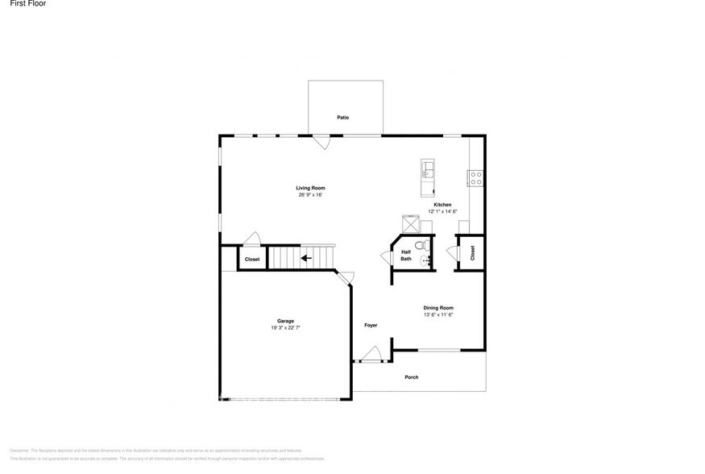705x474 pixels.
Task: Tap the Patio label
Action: pos(343,118)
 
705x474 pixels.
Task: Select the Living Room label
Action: pos(310,188)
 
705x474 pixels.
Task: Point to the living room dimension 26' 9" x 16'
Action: pos(310,194)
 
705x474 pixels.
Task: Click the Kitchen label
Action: pos(442,205)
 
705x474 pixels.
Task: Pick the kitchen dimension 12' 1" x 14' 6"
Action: pos(442,211)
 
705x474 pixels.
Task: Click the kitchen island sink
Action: pos(427,169)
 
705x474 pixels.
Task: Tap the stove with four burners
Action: pos(475,176)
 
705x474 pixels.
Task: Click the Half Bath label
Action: pos(406,256)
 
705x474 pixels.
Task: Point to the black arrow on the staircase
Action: pos(305,259)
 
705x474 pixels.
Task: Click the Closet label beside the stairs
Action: pos(252,260)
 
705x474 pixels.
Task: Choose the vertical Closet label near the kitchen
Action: pos(472,252)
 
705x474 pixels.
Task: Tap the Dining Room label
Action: pos(439,308)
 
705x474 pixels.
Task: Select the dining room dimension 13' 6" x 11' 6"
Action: pos(439,314)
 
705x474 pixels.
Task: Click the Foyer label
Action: pos(371,325)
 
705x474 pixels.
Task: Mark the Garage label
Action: pos(285,321)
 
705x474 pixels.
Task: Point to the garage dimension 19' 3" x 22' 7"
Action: pos(285,328)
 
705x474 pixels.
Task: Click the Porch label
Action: pos(412,377)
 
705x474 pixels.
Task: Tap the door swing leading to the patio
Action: pos(322,142)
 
